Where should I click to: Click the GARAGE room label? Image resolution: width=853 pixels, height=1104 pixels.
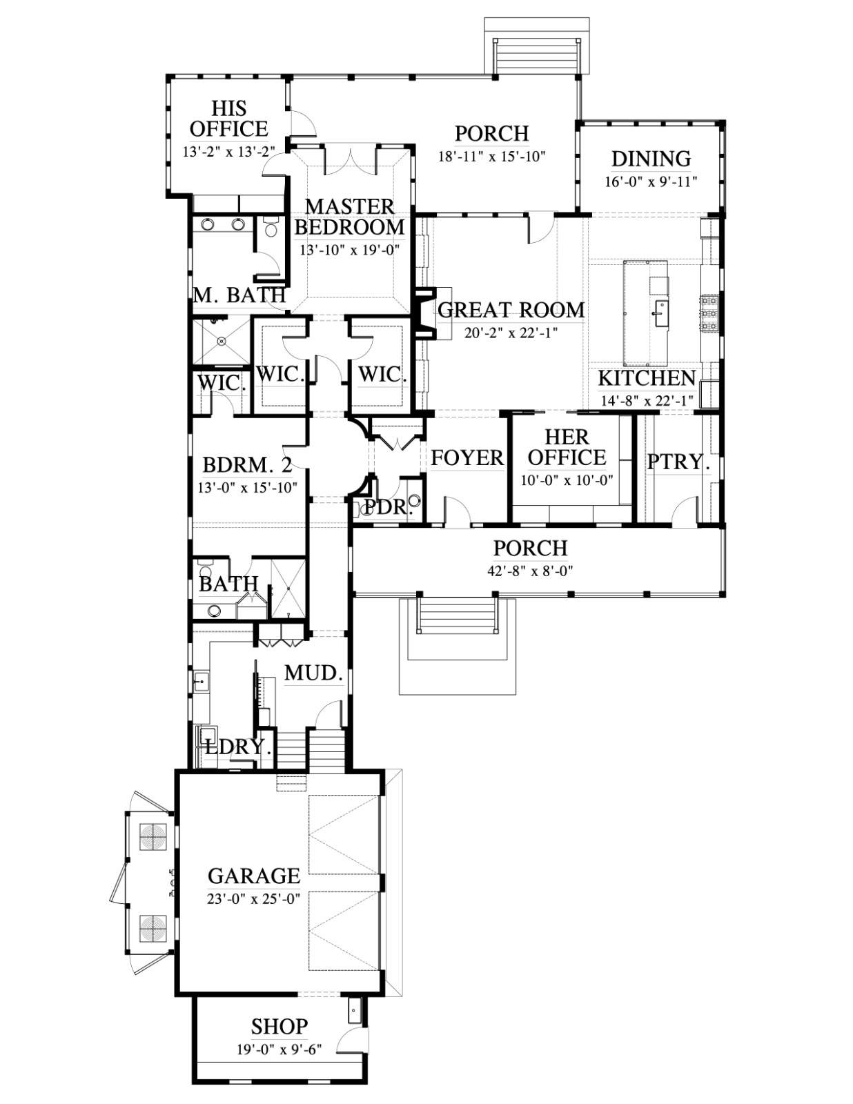click(254, 876)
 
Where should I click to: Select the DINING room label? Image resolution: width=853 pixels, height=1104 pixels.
click(651, 159)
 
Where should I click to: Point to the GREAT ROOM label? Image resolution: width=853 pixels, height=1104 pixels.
click(511, 310)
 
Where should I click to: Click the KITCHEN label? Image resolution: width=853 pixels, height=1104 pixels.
click(647, 379)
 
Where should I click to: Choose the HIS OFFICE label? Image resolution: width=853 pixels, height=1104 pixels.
click(229, 119)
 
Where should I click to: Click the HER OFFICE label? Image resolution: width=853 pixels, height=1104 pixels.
click(567, 447)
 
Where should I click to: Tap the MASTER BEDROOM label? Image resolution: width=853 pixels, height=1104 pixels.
click(349, 217)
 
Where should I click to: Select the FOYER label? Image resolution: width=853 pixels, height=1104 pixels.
click(467, 457)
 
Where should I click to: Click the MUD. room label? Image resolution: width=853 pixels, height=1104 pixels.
click(313, 673)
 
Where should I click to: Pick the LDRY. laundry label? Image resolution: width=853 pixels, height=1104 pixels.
click(238, 747)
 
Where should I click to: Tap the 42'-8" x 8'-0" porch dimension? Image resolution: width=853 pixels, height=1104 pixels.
click(531, 571)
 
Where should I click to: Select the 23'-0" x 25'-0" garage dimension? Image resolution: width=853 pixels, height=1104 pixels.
click(254, 898)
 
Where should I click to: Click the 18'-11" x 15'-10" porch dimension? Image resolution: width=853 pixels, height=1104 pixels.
click(492, 156)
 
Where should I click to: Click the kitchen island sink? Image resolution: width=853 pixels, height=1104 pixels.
click(661, 308)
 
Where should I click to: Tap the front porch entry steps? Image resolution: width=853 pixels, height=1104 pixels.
click(457, 615)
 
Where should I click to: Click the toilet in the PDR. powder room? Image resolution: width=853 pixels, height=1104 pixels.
click(415, 501)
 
